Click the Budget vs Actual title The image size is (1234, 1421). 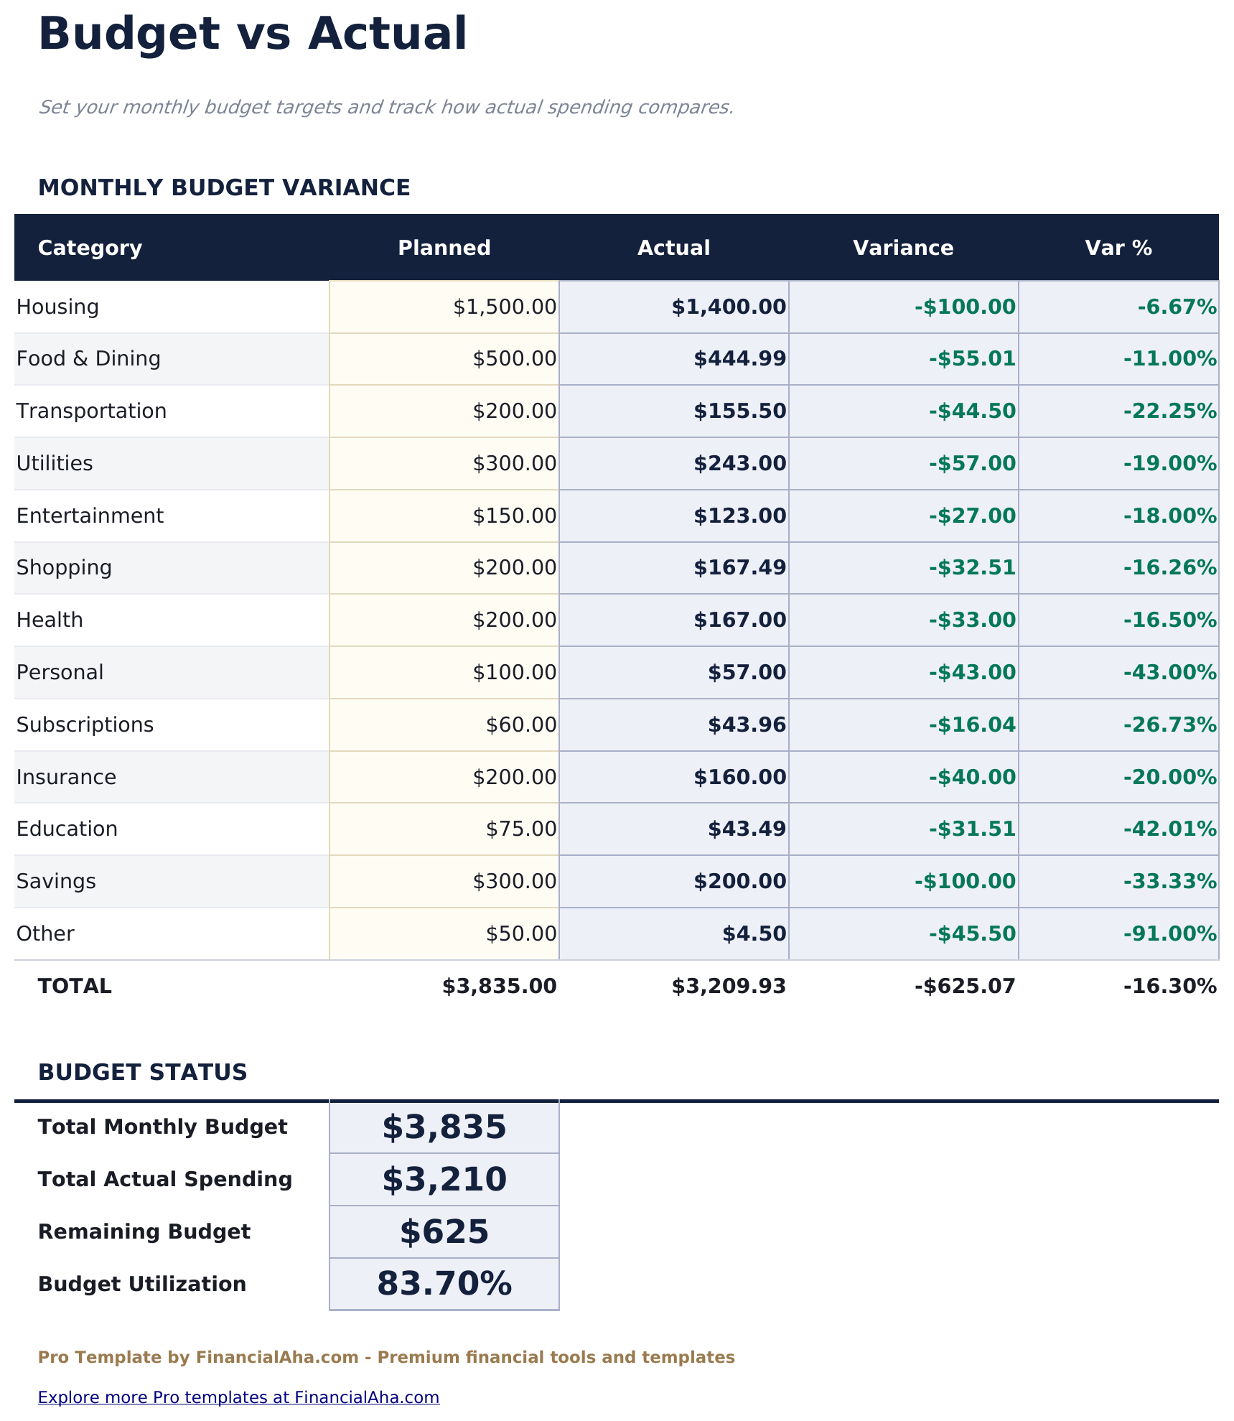[253, 34]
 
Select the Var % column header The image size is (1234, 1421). [1118, 248]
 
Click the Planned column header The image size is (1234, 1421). [444, 248]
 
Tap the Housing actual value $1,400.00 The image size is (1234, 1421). [729, 307]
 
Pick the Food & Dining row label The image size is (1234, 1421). [88, 359]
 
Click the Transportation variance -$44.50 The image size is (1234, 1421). [972, 411]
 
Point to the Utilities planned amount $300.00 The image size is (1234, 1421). [514, 464]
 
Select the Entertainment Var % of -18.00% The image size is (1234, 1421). [1169, 516]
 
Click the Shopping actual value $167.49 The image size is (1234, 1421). [739, 568]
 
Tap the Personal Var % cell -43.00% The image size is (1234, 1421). [1169, 673]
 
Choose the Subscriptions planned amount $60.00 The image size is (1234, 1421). [521, 725]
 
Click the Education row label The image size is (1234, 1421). [67, 829]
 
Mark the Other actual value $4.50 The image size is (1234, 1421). [754, 934]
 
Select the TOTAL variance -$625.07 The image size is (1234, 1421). [965, 987]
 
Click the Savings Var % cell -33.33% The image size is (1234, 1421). [1169, 882]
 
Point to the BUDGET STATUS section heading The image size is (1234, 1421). [142, 1073]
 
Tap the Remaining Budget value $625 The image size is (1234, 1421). [444, 1232]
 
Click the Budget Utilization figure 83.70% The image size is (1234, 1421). [444, 1285]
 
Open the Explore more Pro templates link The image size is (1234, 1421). [238, 1397]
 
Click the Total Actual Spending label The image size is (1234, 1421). [165, 1180]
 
